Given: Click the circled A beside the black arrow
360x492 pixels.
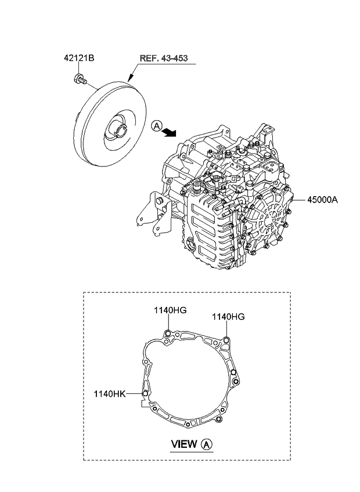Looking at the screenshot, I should click(x=156, y=125).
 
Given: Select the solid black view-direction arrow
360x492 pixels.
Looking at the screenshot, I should click(x=170, y=133).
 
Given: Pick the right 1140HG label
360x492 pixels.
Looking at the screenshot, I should click(x=228, y=317).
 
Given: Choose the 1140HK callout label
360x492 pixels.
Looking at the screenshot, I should click(x=109, y=393).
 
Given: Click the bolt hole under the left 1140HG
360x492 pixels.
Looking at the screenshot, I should click(x=168, y=333).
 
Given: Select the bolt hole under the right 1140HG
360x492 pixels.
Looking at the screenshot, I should click(x=226, y=341).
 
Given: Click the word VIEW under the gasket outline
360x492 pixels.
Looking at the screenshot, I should click(x=185, y=445).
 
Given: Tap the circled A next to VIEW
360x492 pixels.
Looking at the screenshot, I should click(x=207, y=445).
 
